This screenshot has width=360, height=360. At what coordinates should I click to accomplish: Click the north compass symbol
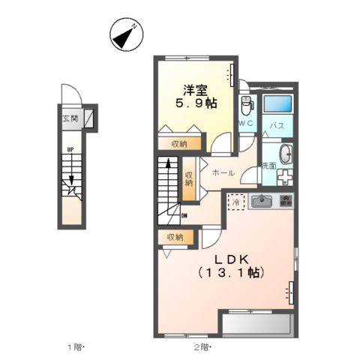tap(125, 34)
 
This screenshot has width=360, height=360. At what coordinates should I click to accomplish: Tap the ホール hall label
tap(223, 173)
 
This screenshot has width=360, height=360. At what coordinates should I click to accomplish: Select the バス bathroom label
tap(276, 126)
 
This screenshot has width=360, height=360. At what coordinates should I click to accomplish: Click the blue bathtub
tap(277, 104)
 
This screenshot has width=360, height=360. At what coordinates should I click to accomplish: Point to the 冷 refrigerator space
tap(235, 202)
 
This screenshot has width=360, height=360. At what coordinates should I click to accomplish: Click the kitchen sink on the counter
tap(262, 201)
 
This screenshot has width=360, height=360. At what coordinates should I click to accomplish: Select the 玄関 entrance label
tap(69, 118)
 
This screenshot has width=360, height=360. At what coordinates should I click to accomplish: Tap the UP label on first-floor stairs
tap(70, 148)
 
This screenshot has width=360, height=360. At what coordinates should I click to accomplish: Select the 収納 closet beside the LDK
tap(175, 237)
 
